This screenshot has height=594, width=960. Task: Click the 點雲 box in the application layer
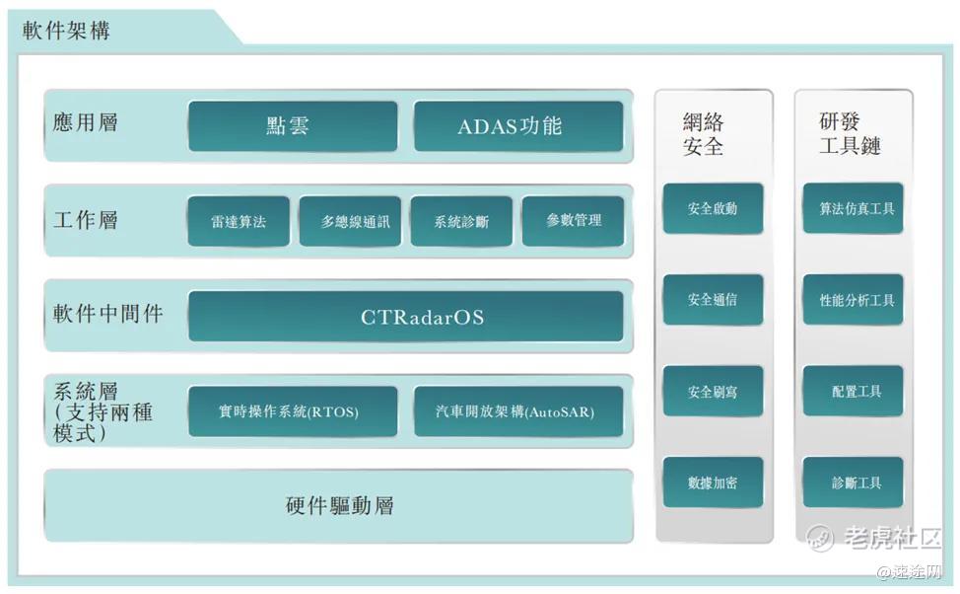click(x=293, y=126)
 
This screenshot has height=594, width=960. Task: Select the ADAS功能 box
click(x=518, y=126)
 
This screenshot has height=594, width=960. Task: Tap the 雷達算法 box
click(x=239, y=221)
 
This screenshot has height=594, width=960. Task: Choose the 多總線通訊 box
click(x=350, y=221)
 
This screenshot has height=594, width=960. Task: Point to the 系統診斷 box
click(x=461, y=221)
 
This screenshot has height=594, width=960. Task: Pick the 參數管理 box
click(x=573, y=221)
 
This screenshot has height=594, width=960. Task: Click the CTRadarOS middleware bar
click(x=406, y=317)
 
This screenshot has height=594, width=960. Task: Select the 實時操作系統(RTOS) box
click(x=293, y=411)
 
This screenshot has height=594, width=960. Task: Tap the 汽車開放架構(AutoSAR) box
click(x=518, y=411)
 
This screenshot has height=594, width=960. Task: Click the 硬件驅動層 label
click(x=340, y=506)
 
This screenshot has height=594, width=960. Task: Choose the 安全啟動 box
click(x=713, y=208)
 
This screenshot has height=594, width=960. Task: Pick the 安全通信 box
click(x=713, y=300)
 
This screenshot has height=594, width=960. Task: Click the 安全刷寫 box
click(x=713, y=391)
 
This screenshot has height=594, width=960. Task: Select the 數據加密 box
click(x=713, y=483)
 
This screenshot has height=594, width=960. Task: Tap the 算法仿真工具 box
click(x=853, y=208)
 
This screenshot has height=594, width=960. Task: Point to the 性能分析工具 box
click(x=853, y=300)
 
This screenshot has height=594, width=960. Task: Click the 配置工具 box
click(x=853, y=391)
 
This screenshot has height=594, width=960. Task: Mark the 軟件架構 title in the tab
click(x=66, y=30)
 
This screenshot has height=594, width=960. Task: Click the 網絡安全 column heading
click(x=704, y=134)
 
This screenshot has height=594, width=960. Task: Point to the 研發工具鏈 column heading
click(x=850, y=133)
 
